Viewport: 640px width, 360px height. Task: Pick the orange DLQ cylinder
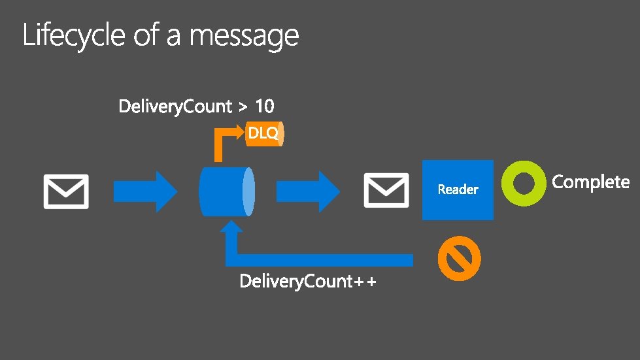pos(264,133)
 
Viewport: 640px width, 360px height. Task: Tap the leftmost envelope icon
pos(66,191)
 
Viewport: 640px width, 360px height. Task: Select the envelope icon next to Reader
pos(386,190)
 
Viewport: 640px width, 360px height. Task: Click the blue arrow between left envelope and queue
pos(145,191)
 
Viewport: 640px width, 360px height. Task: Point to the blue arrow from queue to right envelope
pos(308,191)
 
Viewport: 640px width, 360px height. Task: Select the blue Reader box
pos(458,189)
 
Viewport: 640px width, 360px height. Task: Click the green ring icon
pos(524,183)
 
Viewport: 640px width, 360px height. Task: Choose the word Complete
pos(591,182)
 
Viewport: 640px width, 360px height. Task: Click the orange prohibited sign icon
pos(459,259)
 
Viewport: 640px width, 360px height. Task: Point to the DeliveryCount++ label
pos(308,282)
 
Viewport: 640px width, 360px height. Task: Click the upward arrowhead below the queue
pos(233,230)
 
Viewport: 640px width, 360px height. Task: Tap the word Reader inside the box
pos(458,189)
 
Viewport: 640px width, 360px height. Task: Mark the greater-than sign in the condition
pos(243,106)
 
